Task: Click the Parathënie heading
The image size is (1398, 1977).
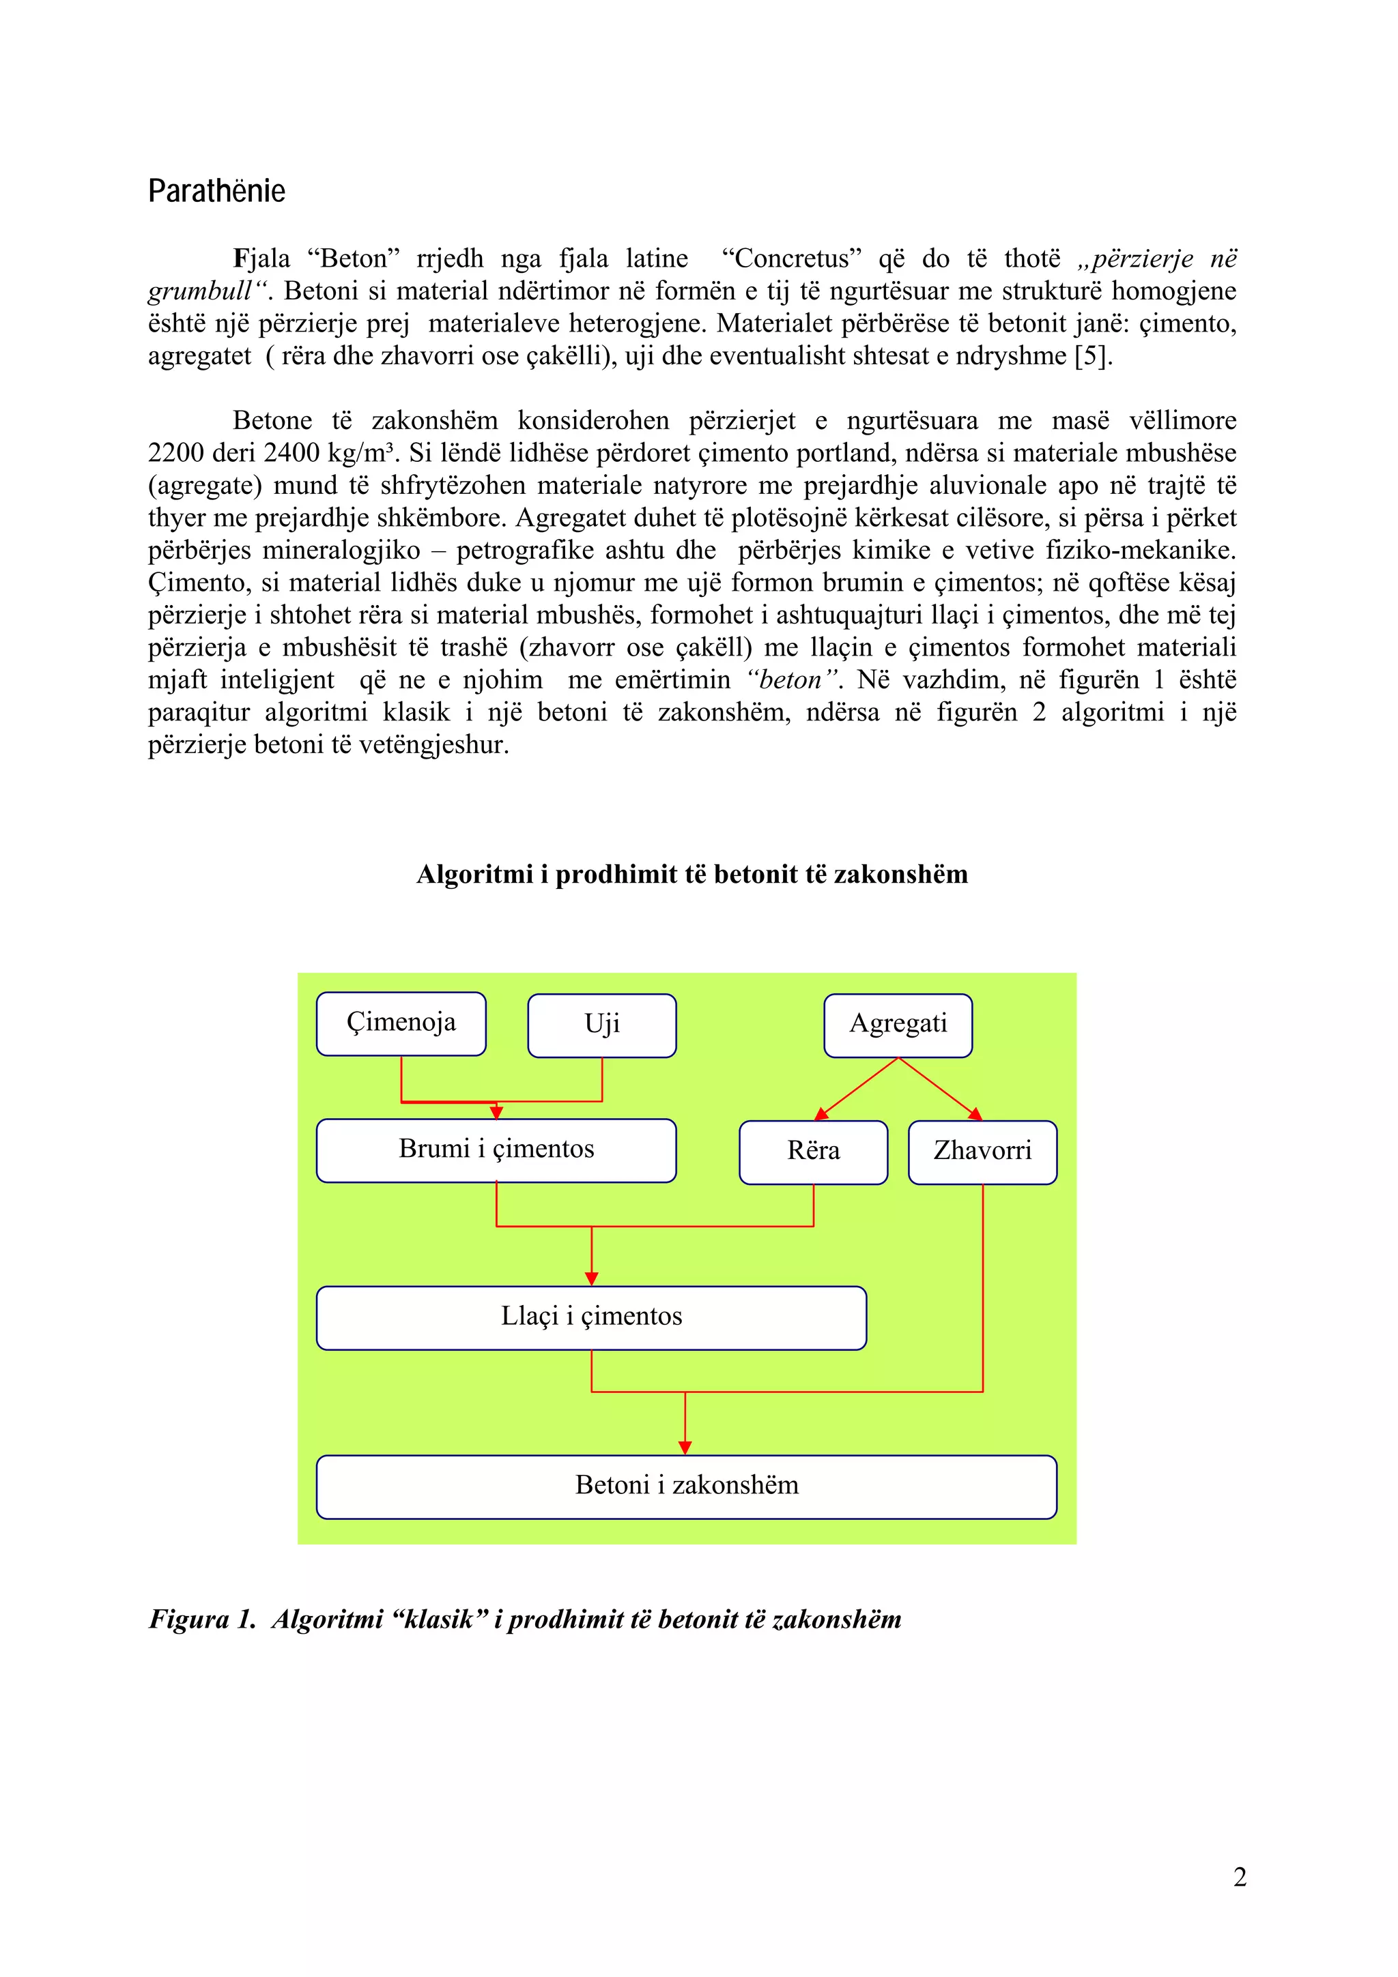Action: (216, 190)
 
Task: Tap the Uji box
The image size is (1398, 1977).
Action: (601, 1025)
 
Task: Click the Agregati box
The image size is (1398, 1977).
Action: (898, 1025)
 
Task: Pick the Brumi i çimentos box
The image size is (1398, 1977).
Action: (496, 1149)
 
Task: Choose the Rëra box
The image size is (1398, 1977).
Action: (813, 1152)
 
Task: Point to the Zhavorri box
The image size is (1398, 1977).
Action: (982, 1152)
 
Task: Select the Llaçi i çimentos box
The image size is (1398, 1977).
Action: (591, 1317)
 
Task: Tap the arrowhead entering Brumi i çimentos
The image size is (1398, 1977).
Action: (496, 1113)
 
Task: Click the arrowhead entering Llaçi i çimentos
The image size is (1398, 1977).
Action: (591, 1278)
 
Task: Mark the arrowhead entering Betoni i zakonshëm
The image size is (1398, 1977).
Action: (685, 1448)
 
